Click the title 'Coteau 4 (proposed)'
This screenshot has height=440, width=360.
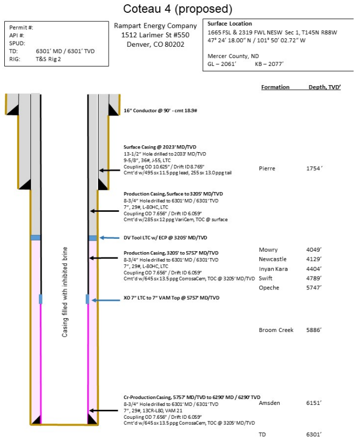coord(177,9)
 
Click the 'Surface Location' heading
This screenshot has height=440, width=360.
coord(230,24)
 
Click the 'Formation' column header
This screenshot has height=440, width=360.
coord(275,87)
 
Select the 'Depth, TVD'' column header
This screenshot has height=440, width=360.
coord(324,87)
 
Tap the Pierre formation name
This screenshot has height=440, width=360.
coord(267,168)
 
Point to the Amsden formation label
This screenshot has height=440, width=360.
coord(269,403)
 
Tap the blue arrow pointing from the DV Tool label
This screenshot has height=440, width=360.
coord(110,238)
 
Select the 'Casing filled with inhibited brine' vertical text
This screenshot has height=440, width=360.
coord(65,292)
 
